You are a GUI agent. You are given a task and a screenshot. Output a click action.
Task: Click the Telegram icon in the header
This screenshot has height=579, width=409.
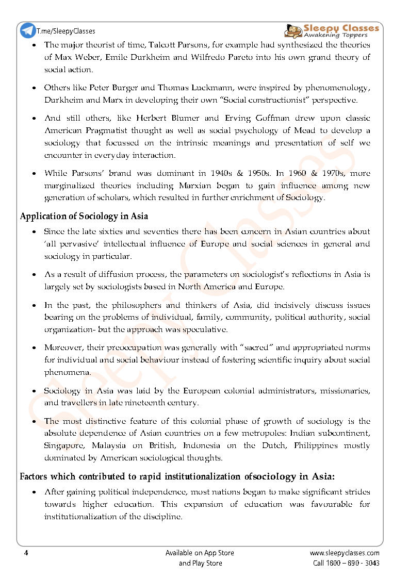tap(28, 30)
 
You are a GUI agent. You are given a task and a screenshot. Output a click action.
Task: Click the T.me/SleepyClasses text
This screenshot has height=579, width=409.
tap(66, 31)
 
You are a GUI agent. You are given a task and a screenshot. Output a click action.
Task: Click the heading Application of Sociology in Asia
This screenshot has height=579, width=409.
tap(84, 216)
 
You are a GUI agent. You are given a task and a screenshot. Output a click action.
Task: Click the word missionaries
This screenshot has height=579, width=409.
tap(344, 391)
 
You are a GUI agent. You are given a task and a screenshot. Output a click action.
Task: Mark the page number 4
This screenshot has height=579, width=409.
tap(26, 553)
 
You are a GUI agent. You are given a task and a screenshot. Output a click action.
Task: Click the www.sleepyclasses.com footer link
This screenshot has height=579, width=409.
tap(344, 553)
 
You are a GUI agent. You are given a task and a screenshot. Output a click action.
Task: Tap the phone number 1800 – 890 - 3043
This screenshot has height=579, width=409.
tap(353, 563)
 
